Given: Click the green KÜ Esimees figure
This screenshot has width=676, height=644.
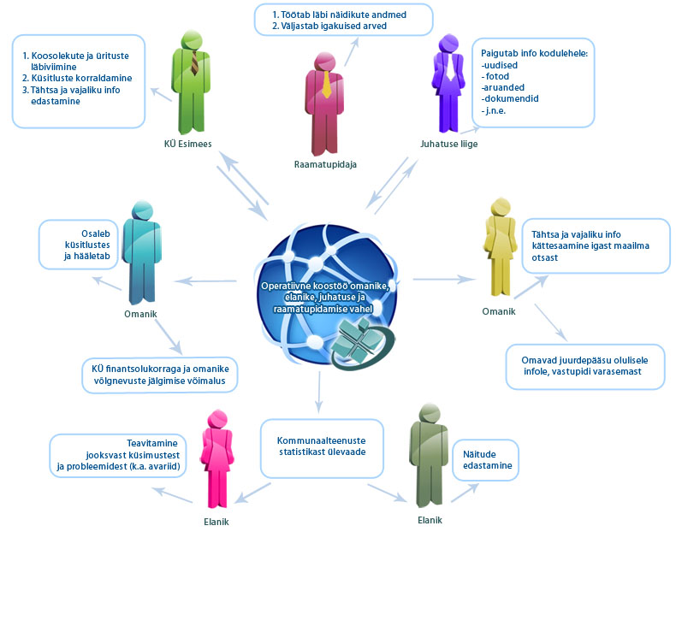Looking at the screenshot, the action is point(191,82).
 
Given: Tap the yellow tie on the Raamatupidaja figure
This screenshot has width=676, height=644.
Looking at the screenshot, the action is point(326,84).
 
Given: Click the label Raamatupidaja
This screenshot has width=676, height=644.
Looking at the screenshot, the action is point(325,164).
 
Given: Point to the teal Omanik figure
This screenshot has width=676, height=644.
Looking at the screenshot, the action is point(141,253).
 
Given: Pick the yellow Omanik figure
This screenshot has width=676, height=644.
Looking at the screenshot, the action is point(500,248).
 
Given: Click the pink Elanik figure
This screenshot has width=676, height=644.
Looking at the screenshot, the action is point(216,459).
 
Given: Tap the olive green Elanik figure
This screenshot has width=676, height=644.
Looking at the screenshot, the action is point(429,455).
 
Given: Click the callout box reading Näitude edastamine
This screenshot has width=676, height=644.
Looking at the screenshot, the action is point(485,460).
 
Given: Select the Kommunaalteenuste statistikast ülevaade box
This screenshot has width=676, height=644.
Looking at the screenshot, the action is point(322,448).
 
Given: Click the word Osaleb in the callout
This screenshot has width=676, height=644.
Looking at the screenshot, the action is point(96,233).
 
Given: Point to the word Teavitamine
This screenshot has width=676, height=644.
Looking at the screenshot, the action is point(152,443).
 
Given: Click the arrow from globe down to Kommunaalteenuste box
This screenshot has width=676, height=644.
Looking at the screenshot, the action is point(319,392).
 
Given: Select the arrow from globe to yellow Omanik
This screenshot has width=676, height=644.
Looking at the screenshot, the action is point(444,280).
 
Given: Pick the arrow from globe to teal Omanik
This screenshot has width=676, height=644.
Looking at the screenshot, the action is point(205,281).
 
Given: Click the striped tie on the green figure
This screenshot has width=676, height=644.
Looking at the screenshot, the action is point(194,63).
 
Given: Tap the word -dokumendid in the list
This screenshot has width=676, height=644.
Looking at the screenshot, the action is point(510,98).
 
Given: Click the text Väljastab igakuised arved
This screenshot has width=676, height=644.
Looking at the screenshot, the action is point(334,26).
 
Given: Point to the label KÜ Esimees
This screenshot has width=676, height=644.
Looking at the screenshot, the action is point(188,144).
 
